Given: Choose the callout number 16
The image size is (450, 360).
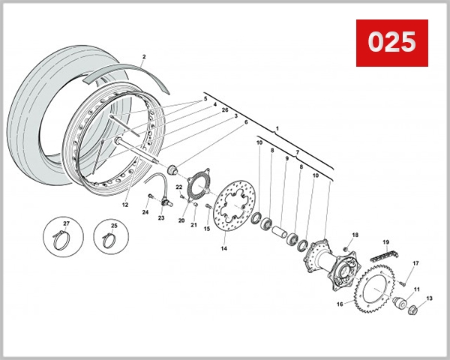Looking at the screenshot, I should pyautogui.click(x=340, y=304).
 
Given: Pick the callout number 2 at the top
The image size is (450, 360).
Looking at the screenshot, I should pyautogui.click(x=143, y=57).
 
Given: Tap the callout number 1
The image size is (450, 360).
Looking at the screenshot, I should pyautogui.click(x=277, y=129).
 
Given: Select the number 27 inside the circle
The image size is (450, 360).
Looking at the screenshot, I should pyautogui.click(x=65, y=223).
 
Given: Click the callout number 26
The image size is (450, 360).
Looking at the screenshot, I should pyautogui.click(x=225, y=110).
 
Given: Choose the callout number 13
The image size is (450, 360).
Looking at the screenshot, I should pyautogui.click(x=430, y=298).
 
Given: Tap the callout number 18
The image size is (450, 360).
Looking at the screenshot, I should pyautogui.click(x=355, y=235).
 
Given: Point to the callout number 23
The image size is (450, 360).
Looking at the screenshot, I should pyautogui.click(x=160, y=218).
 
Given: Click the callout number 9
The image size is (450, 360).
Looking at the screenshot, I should pyautogui.click(x=286, y=159).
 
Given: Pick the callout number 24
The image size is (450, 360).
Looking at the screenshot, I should pyautogui.click(x=145, y=212).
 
